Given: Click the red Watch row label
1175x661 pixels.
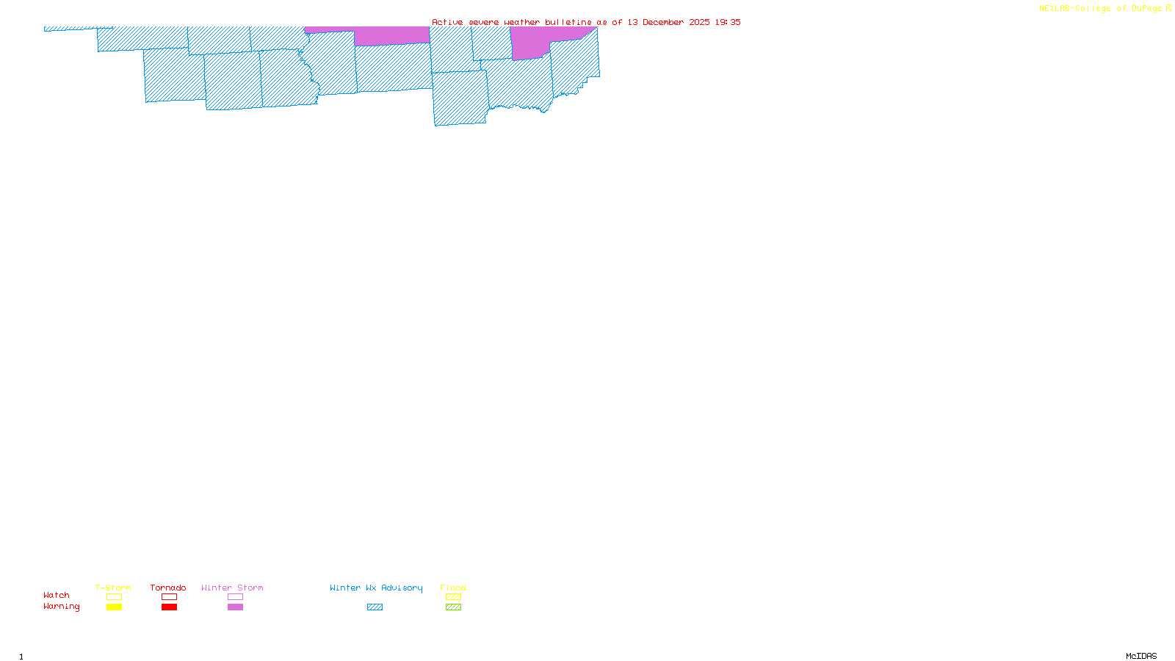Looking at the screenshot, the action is (57, 596).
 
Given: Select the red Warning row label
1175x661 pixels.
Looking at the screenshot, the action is (62, 607).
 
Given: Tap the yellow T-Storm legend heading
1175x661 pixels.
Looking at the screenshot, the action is (113, 588).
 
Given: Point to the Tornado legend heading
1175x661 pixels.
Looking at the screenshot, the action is (168, 588).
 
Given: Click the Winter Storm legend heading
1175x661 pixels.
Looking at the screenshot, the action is (232, 588).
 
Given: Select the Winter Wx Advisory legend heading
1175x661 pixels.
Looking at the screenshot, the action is (376, 588).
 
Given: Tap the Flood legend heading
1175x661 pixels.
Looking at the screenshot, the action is (453, 588).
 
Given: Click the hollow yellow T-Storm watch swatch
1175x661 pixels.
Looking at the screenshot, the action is (114, 597).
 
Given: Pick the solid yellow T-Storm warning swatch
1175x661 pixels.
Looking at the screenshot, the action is (114, 607).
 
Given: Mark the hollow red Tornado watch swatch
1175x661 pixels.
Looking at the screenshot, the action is (170, 597).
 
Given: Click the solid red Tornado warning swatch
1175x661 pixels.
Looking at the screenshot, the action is (170, 607).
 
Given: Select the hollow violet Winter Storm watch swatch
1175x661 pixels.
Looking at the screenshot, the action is (235, 597).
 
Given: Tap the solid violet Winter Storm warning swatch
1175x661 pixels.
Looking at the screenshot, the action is (235, 607).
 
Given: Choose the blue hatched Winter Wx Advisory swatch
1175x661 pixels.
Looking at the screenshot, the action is (375, 607).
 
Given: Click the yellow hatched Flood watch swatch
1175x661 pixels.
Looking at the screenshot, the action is (454, 597).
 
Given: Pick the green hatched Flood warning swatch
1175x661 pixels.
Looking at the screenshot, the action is (454, 607).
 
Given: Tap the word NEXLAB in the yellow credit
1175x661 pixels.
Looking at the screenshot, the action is (1055, 9).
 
